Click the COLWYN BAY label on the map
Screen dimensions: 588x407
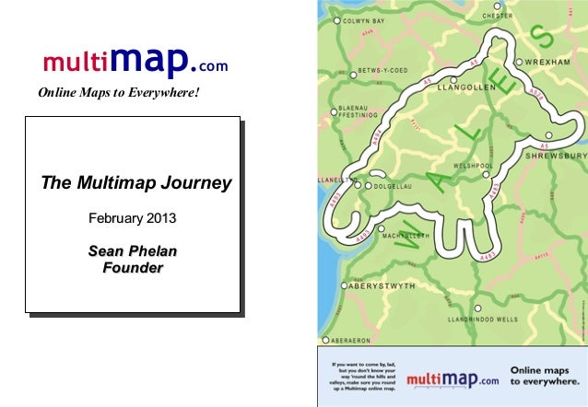[369, 19]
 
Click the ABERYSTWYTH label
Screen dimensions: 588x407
[381, 286]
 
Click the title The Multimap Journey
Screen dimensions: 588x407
[135, 182]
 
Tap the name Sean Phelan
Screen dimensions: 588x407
[133, 251]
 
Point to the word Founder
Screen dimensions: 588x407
[133, 268]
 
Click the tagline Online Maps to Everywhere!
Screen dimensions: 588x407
[119, 93]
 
